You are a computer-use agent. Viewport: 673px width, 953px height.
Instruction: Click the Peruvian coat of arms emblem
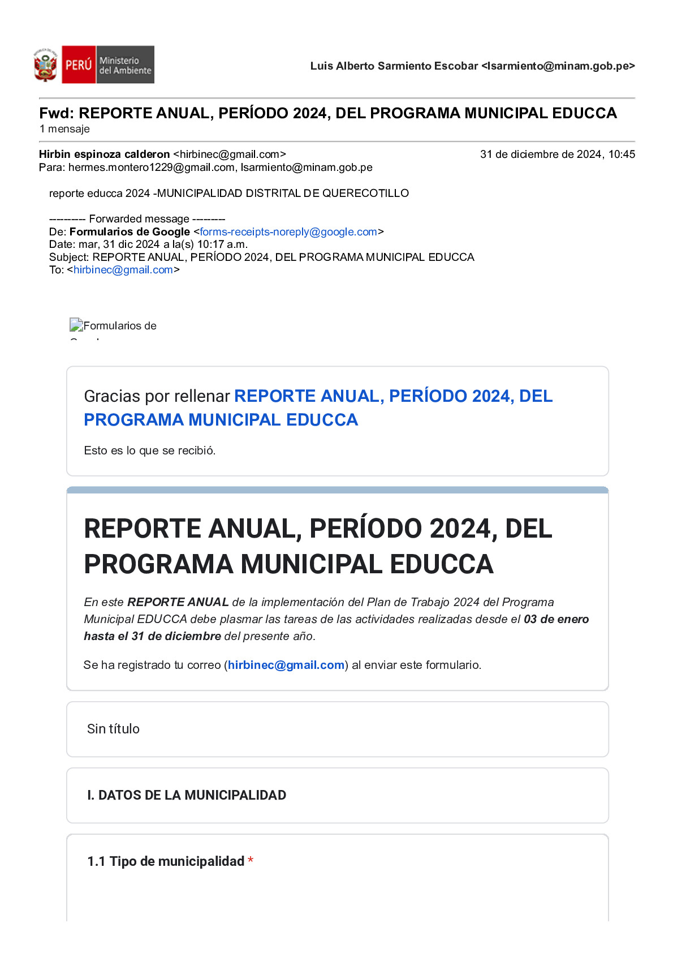(x=45, y=65)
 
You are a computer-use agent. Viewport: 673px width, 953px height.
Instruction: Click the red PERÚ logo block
(x=78, y=65)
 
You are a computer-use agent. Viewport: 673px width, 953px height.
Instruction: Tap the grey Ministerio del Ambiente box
(x=125, y=65)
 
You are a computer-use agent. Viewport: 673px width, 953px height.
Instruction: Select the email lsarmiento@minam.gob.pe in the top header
(x=558, y=66)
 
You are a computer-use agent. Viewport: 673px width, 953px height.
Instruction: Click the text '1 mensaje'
(x=64, y=129)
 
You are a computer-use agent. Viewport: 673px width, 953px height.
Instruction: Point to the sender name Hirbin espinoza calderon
(x=104, y=154)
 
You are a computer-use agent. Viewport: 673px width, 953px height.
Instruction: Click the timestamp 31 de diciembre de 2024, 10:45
(x=557, y=154)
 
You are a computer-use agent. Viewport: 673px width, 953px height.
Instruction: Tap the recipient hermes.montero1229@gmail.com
(x=152, y=168)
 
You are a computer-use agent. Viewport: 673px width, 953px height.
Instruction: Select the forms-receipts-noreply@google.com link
(x=288, y=232)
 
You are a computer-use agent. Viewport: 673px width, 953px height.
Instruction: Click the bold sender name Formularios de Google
(x=130, y=232)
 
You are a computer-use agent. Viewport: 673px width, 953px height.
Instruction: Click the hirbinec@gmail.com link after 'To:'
(x=123, y=270)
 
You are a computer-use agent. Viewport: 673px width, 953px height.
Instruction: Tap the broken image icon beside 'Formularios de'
(x=76, y=325)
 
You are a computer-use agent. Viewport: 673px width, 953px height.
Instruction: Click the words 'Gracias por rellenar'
(x=157, y=396)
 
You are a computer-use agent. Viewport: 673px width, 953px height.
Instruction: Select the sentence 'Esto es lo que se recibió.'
(x=149, y=450)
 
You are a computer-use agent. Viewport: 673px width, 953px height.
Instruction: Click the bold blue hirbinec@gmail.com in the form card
(x=286, y=665)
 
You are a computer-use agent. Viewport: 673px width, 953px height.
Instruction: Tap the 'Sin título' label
(x=113, y=729)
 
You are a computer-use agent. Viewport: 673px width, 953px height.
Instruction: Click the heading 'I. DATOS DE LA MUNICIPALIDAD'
(x=187, y=795)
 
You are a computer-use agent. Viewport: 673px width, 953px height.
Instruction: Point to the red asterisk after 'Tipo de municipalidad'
(x=251, y=861)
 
